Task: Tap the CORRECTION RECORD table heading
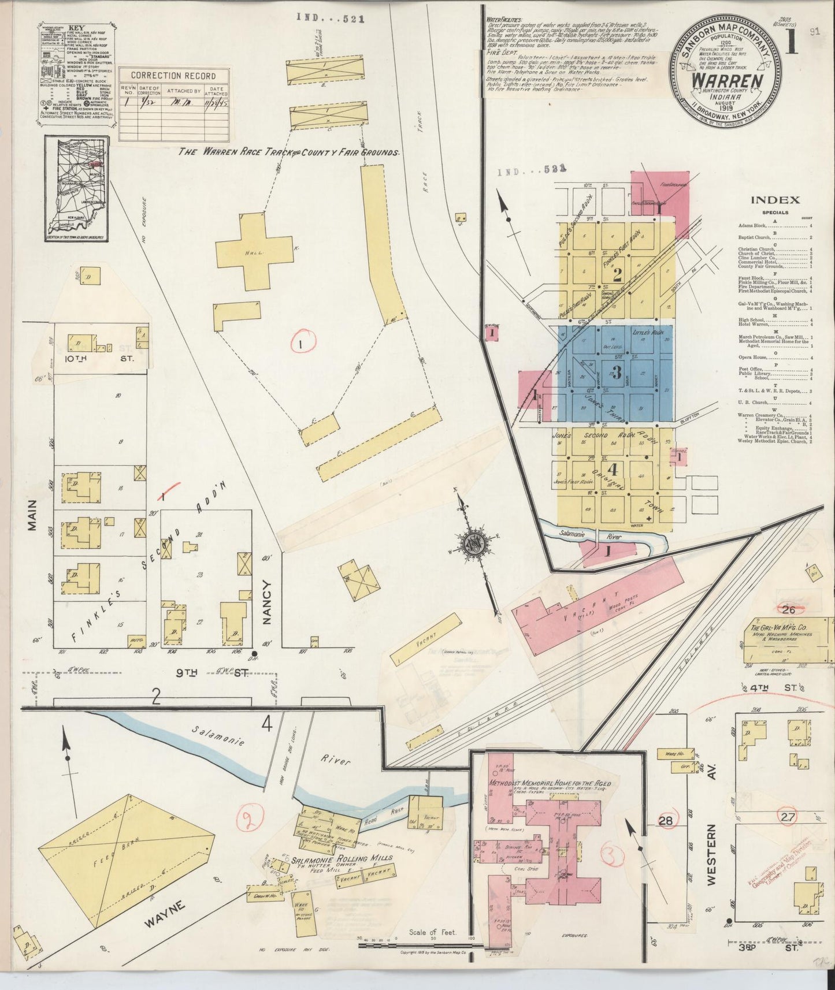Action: pyautogui.click(x=173, y=76)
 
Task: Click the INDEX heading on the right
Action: pyautogui.click(x=774, y=200)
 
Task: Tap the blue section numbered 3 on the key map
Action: pyautogui.click(x=617, y=371)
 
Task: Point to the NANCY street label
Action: pyautogui.click(x=266, y=601)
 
